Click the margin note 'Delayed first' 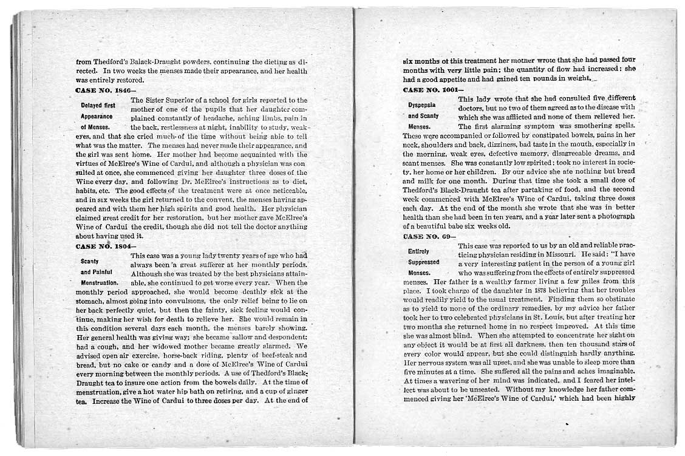98,105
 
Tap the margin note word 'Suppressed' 423,262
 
